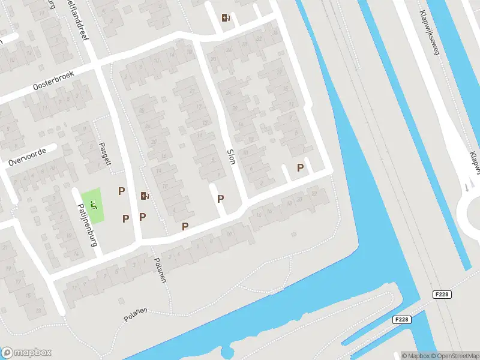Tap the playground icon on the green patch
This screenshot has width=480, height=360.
point(92,204)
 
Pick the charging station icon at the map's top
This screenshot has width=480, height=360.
point(226,17)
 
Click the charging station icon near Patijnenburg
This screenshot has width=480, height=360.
point(145,195)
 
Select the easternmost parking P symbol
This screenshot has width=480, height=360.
point(300,168)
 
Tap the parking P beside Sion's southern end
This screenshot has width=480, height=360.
point(220,199)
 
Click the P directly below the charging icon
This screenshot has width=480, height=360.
point(143,217)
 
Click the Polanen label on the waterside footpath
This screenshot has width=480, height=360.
point(135,314)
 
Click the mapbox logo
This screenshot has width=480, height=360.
point(26,352)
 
